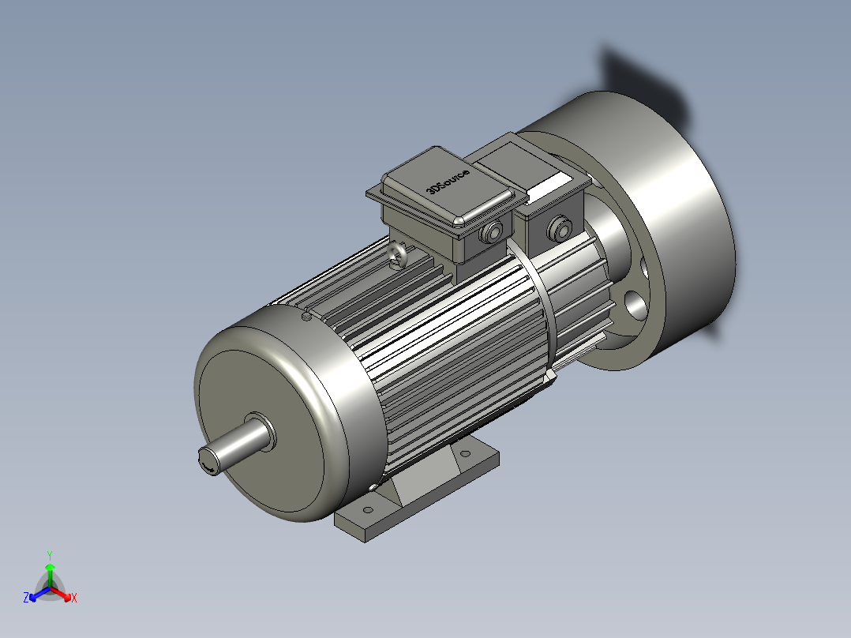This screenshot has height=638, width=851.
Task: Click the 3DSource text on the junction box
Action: (447, 181)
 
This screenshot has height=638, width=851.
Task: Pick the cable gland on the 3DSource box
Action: (493, 233)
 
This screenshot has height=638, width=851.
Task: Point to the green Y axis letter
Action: (49, 555)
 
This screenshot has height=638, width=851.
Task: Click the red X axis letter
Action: (73, 599)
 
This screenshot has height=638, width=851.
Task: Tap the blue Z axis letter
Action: (26, 599)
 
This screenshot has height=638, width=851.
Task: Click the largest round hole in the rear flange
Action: (634, 304)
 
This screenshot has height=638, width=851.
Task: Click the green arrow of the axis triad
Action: (49, 570)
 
